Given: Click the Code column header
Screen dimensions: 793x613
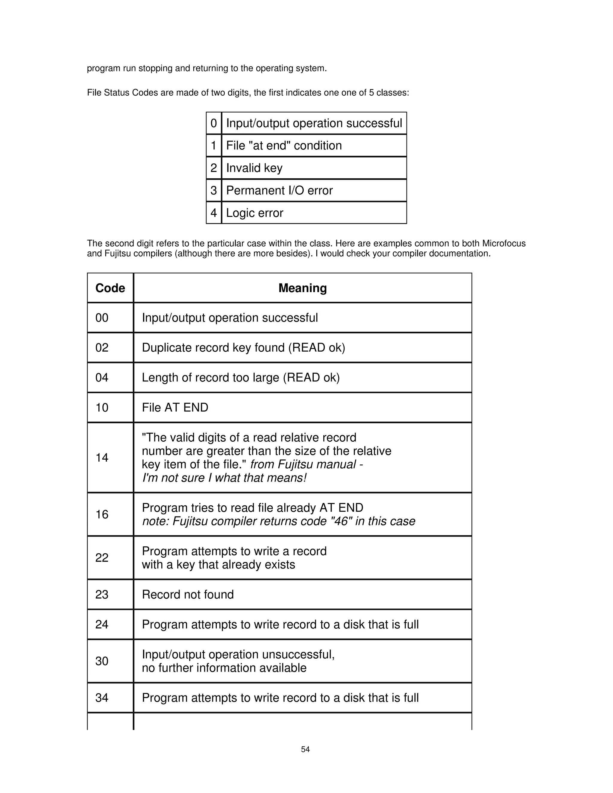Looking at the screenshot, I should click(x=110, y=288).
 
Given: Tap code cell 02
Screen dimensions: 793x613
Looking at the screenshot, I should click(x=102, y=347).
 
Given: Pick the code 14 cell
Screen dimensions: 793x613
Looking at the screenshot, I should click(x=102, y=458).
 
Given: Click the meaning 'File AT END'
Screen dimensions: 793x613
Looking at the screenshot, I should click(x=175, y=407).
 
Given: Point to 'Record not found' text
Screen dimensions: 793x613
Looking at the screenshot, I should click(x=188, y=594).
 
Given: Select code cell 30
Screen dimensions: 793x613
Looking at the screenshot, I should click(x=102, y=661).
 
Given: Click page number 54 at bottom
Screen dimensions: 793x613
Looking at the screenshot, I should click(x=305, y=749).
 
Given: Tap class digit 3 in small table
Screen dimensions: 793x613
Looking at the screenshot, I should click(x=213, y=190).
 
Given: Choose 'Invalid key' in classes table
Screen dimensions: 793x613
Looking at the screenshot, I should click(x=254, y=168).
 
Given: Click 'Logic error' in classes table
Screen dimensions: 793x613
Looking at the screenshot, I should click(x=255, y=213).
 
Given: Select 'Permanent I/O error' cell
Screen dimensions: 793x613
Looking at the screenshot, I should click(x=279, y=190).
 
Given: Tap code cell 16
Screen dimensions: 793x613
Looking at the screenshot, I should click(x=102, y=514).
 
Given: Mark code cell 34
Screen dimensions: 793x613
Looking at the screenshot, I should click(x=102, y=698).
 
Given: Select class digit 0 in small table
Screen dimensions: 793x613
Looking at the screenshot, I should click(x=213, y=123).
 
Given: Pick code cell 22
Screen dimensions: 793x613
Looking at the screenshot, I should click(x=102, y=557).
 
